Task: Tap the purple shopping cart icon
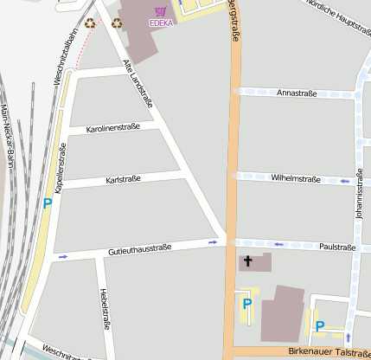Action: click(160, 11)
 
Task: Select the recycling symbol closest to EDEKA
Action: click(115, 23)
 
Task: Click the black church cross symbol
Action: click(248, 260)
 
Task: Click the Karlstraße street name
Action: click(123, 179)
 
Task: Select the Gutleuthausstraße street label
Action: click(139, 248)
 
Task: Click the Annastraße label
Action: click(297, 93)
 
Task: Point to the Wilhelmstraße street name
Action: click(296, 179)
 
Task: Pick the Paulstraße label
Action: click(337, 247)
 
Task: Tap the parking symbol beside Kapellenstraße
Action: click(48, 204)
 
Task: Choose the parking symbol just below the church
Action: click(246, 304)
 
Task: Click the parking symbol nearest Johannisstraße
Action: click(319, 326)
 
